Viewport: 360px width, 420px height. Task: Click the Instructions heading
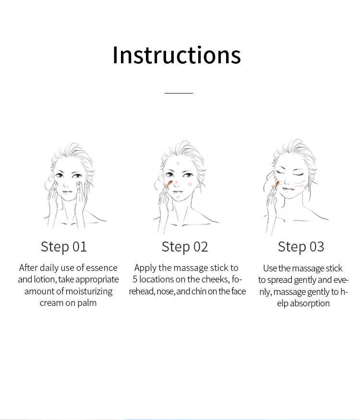[177, 55]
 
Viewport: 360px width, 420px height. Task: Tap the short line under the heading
[179, 93]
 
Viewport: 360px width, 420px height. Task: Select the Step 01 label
[64, 247]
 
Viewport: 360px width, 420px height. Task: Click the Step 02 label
[185, 247]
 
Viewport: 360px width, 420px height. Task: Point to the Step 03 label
[301, 247]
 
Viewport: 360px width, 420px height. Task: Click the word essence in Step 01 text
[102, 268]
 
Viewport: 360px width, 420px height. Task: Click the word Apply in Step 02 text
[145, 268]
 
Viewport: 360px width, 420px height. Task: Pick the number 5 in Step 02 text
[135, 280]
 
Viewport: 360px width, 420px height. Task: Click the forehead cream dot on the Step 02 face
[178, 163]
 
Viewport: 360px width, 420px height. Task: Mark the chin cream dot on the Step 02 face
[178, 198]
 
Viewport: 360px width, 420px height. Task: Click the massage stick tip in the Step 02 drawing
[170, 183]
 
